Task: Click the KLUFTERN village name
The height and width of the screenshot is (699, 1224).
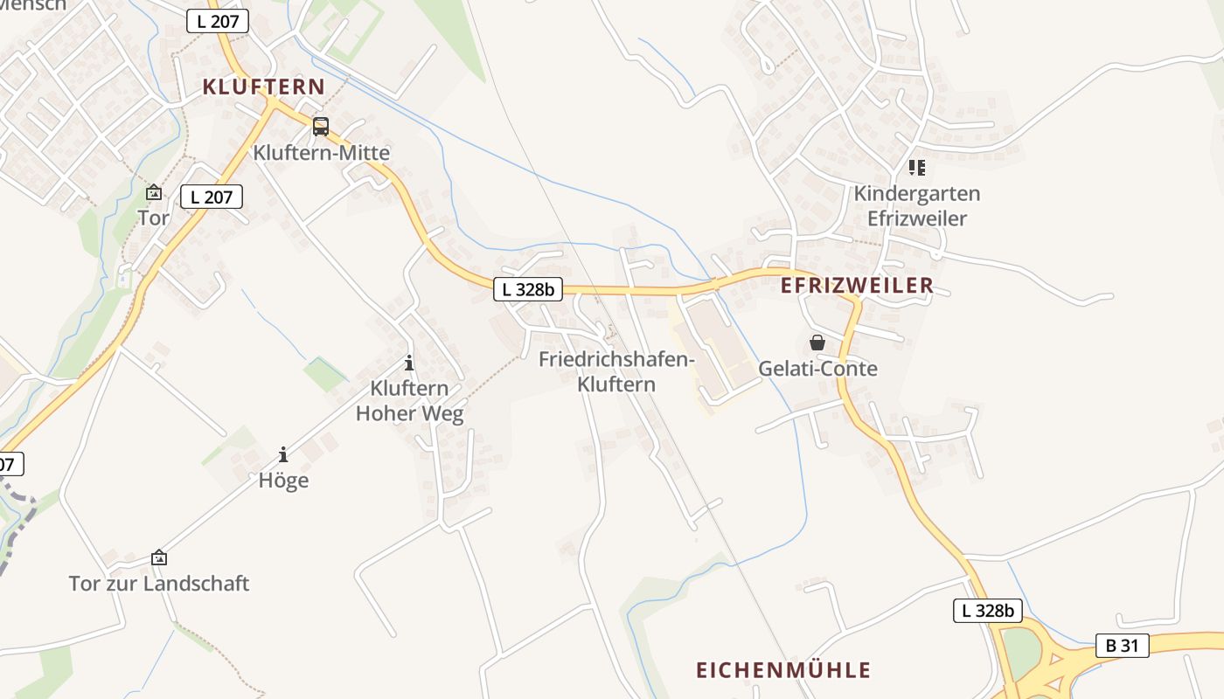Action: [263, 87]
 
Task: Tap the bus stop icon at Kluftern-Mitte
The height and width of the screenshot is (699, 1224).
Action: [321, 127]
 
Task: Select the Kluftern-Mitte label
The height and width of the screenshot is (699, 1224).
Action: [321, 153]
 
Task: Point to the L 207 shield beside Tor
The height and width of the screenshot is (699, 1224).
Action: [212, 197]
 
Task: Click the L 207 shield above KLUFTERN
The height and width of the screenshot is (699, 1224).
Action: [218, 22]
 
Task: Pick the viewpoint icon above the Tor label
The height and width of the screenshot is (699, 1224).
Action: [154, 192]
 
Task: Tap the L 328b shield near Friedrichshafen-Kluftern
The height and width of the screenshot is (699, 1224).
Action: [528, 290]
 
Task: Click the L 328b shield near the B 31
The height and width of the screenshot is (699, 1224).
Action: [987, 611]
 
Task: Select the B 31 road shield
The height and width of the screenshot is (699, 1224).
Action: [1122, 646]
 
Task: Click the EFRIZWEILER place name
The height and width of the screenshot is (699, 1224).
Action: [857, 286]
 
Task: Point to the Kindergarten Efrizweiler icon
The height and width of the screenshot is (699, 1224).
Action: [916, 167]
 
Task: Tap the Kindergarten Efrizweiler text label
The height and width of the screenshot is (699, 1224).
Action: [917, 205]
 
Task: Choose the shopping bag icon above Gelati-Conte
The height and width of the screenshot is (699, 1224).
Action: [817, 343]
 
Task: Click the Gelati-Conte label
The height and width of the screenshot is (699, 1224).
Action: [817, 369]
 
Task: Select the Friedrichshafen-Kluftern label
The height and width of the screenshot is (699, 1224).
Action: [616, 371]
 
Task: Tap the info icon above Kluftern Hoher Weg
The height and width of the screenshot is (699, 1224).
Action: [408, 363]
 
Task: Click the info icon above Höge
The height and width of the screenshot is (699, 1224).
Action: [283, 454]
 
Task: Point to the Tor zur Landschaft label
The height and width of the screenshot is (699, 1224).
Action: [159, 583]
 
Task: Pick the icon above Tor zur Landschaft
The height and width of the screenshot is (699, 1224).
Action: [159, 557]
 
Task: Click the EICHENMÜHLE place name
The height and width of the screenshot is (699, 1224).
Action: [783, 670]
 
